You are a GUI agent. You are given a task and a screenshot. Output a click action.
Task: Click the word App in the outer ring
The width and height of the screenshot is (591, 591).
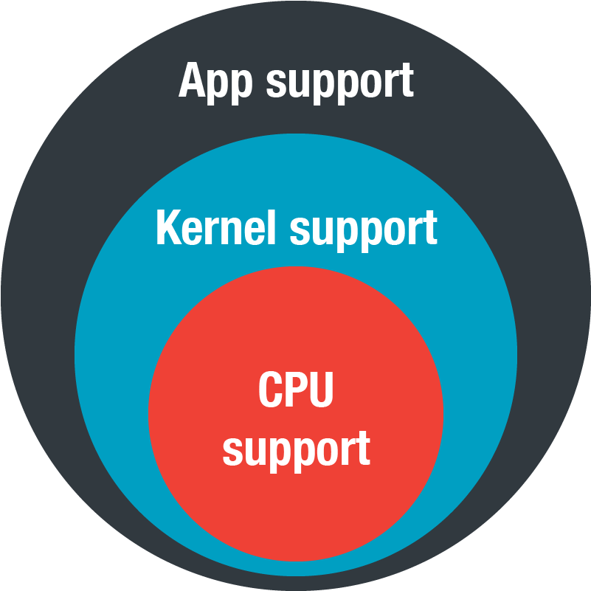(x=215, y=83)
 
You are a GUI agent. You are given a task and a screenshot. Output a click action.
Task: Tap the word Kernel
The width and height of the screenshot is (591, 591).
(x=215, y=227)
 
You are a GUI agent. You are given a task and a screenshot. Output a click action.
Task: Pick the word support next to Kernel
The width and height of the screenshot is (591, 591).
(x=364, y=232)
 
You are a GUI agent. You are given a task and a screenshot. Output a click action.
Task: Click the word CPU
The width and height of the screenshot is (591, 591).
(x=296, y=389)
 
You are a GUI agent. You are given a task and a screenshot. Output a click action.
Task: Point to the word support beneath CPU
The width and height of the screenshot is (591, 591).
(x=297, y=452)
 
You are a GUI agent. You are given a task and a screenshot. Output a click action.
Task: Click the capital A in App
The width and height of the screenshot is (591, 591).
(x=193, y=80)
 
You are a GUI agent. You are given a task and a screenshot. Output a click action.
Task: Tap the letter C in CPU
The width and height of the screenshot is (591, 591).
(x=270, y=389)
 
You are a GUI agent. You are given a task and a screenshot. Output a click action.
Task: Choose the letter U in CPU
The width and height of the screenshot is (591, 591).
(x=322, y=390)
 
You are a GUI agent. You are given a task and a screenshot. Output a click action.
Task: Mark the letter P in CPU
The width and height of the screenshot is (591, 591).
(x=296, y=389)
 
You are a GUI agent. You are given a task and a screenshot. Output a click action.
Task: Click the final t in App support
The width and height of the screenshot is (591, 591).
(x=407, y=80)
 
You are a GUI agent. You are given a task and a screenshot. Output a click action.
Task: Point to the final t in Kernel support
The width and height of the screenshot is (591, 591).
(x=430, y=228)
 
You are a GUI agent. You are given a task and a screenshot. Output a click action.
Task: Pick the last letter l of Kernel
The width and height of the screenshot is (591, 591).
(x=270, y=227)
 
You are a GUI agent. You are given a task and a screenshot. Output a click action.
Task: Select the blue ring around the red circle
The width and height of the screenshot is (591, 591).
(x=109, y=354)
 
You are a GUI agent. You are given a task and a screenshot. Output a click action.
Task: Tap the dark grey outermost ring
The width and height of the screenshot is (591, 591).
(x=38, y=294)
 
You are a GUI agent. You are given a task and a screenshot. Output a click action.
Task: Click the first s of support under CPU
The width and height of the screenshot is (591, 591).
(x=232, y=452)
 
